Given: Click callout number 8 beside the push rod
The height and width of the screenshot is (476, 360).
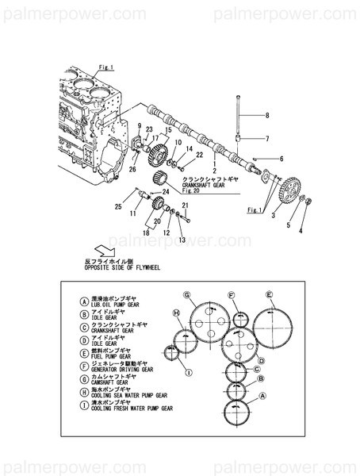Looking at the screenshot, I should tap(267, 116).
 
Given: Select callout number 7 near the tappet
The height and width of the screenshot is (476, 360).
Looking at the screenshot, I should tap(267, 140).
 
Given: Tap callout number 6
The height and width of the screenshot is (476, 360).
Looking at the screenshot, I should tap(281, 159).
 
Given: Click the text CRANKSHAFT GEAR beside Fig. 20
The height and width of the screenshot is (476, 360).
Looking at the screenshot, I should tap(209, 185).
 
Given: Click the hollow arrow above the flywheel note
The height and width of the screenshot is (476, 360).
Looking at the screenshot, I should tap(100, 248).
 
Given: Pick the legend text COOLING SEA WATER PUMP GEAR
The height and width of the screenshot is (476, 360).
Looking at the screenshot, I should tap(128, 394).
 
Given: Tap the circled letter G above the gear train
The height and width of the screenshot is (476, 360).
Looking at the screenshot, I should tap(187, 296).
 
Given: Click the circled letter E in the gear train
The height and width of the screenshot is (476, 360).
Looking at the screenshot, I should tap(270, 294).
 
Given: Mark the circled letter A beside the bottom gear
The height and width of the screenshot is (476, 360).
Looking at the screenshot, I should tap(263, 394).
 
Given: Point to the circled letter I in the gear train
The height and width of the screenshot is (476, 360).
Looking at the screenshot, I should tap(188, 372).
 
